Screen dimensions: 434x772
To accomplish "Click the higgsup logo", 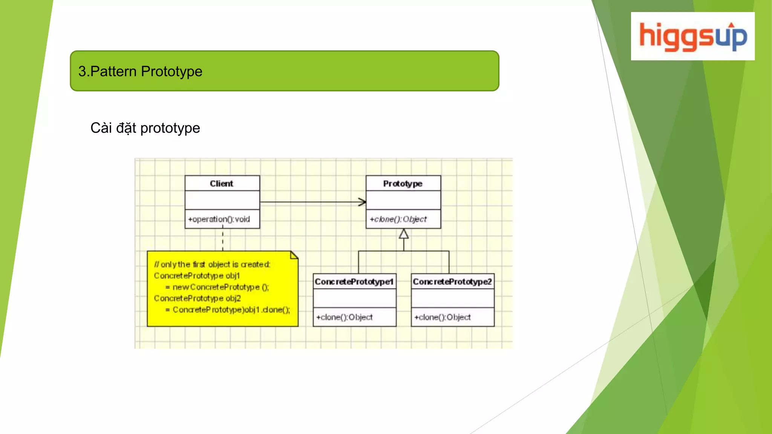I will click(x=693, y=36).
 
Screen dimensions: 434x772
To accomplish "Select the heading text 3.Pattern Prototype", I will click(x=140, y=71).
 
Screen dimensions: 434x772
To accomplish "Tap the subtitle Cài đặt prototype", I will click(x=145, y=128).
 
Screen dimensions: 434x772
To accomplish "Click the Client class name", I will click(x=222, y=183).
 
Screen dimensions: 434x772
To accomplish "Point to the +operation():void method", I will click(x=219, y=219).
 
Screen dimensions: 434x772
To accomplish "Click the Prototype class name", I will click(x=403, y=183).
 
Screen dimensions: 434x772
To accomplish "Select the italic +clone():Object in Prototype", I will click(x=398, y=219).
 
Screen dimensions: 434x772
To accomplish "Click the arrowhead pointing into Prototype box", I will click(x=362, y=202).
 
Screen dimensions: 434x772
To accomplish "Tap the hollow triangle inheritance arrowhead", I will click(x=404, y=234).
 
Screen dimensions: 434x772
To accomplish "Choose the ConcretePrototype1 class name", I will click(x=354, y=282).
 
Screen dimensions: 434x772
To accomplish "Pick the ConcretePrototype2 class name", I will click(x=452, y=282).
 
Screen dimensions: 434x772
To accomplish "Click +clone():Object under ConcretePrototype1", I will click(x=345, y=317).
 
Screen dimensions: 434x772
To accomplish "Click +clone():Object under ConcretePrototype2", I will click(x=443, y=317).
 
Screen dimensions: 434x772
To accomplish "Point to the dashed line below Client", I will click(x=223, y=240).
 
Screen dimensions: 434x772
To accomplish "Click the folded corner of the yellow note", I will click(x=294, y=255).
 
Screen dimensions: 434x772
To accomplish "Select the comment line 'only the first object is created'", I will click(x=212, y=264).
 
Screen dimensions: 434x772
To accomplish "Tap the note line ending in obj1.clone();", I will click(x=228, y=310).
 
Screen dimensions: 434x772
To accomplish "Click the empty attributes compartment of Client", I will click(x=222, y=200).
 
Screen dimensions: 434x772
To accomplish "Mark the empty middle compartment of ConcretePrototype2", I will click(x=452, y=298).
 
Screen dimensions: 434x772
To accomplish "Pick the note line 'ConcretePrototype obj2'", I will click(x=197, y=298).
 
